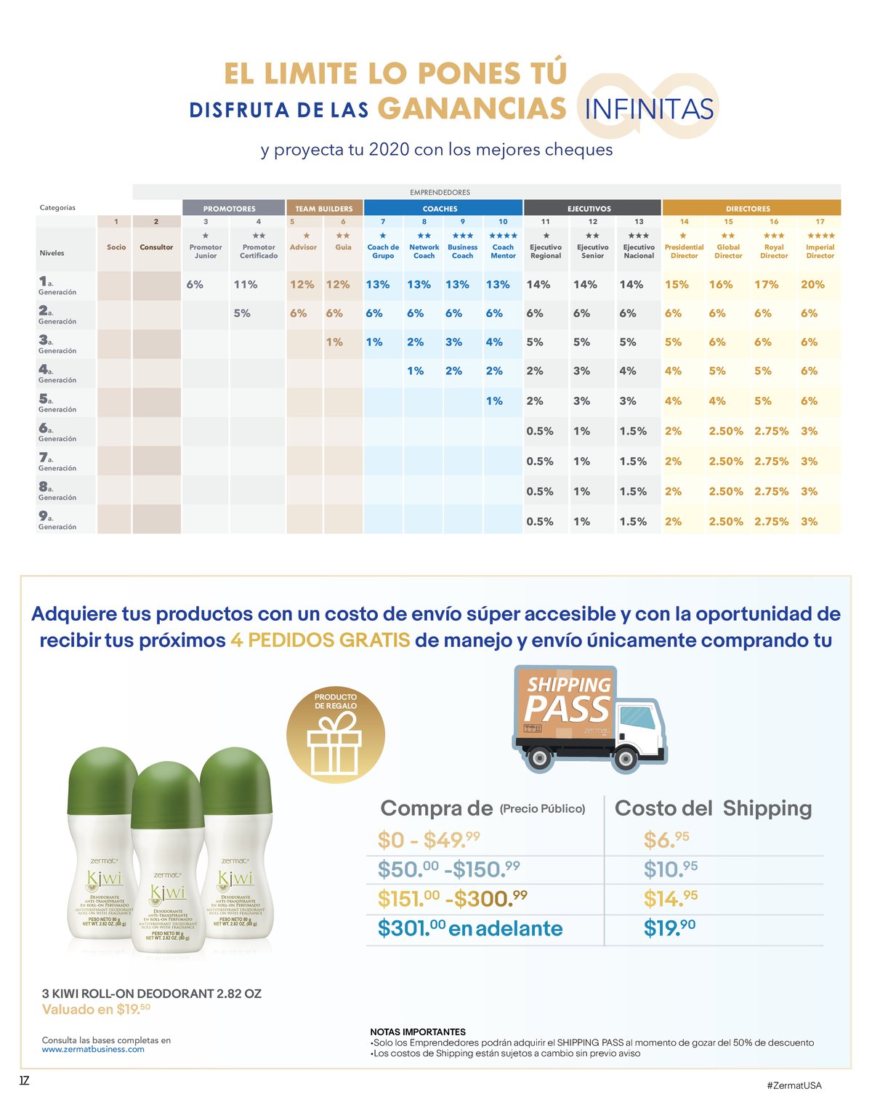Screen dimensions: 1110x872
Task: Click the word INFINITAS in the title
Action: tap(649, 109)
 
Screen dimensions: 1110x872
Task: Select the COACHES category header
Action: tap(440, 209)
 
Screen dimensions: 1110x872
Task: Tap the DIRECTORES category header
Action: tap(748, 209)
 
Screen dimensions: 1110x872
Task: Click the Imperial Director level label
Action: tap(820, 252)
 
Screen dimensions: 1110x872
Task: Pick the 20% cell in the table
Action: tap(812, 285)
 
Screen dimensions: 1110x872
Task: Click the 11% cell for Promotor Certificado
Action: tap(246, 285)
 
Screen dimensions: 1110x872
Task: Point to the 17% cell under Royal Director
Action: tap(766, 285)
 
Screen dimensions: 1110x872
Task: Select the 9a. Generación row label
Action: tap(57, 520)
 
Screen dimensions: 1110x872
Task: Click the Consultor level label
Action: tap(156, 247)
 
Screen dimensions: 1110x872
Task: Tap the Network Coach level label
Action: tap(424, 252)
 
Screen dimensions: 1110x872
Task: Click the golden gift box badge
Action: tap(335, 734)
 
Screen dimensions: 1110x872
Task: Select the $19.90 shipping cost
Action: tap(669, 928)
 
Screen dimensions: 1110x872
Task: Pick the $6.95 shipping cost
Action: tap(666, 840)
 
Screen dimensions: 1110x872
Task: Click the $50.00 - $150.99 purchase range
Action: tap(448, 869)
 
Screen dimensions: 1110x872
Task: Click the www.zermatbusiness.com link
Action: tap(93, 1049)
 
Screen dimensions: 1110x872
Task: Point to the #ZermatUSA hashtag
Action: tap(794, 1085)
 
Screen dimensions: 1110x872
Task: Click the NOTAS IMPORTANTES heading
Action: tap(418, 1031)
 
